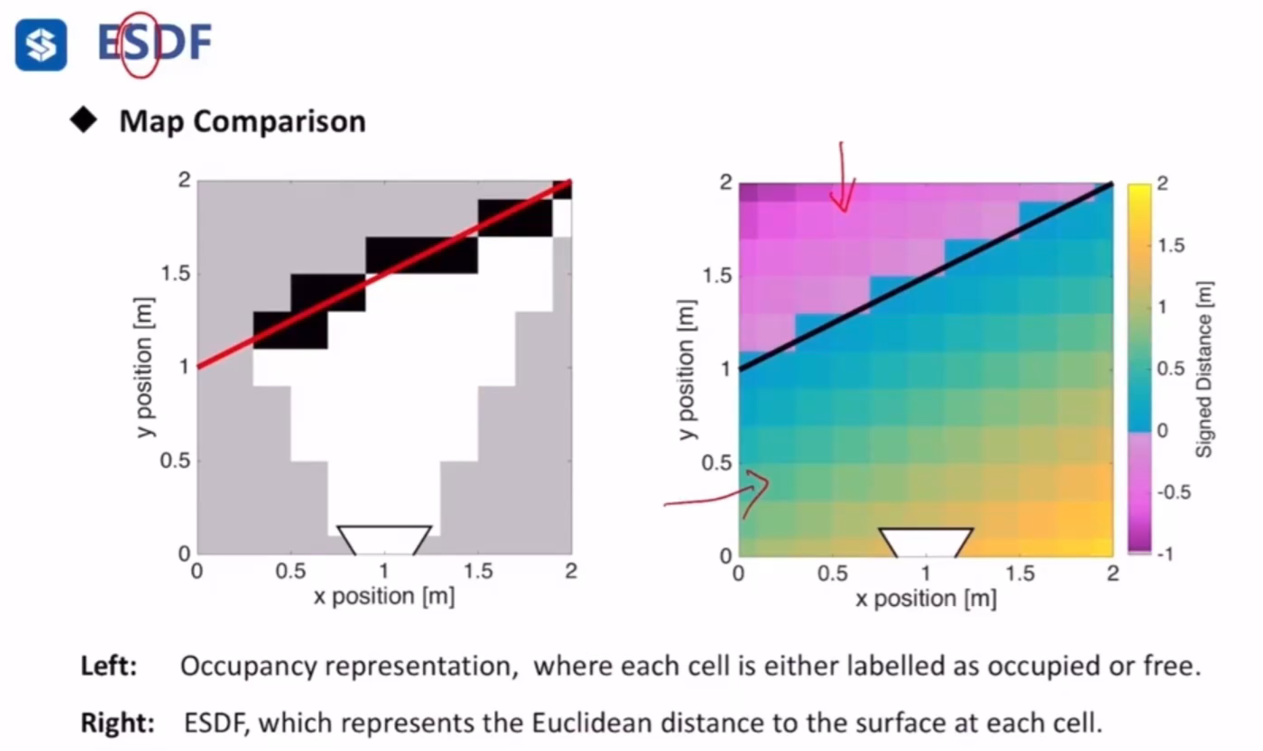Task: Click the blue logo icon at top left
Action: [x=41, y=45]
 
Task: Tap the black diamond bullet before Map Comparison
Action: [x=84, y=121]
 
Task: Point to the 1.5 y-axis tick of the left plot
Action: [x=175, y=274]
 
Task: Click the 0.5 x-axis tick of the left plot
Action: [x=290, y=572]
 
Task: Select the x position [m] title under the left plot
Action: [x=384, y=597]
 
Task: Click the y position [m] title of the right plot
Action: [x=686, y=369]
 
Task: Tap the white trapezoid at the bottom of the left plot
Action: [x=384, y=539]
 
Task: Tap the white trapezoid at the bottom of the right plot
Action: [x=925, y=542]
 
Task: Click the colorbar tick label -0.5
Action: [x=1173, y=492]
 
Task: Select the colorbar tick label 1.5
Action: [x=1171, y=245]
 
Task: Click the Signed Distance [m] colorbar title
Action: [x=1204, y=369]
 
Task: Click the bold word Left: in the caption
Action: [x=109, y=666]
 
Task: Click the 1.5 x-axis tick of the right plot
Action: [x=1019, y=574]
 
